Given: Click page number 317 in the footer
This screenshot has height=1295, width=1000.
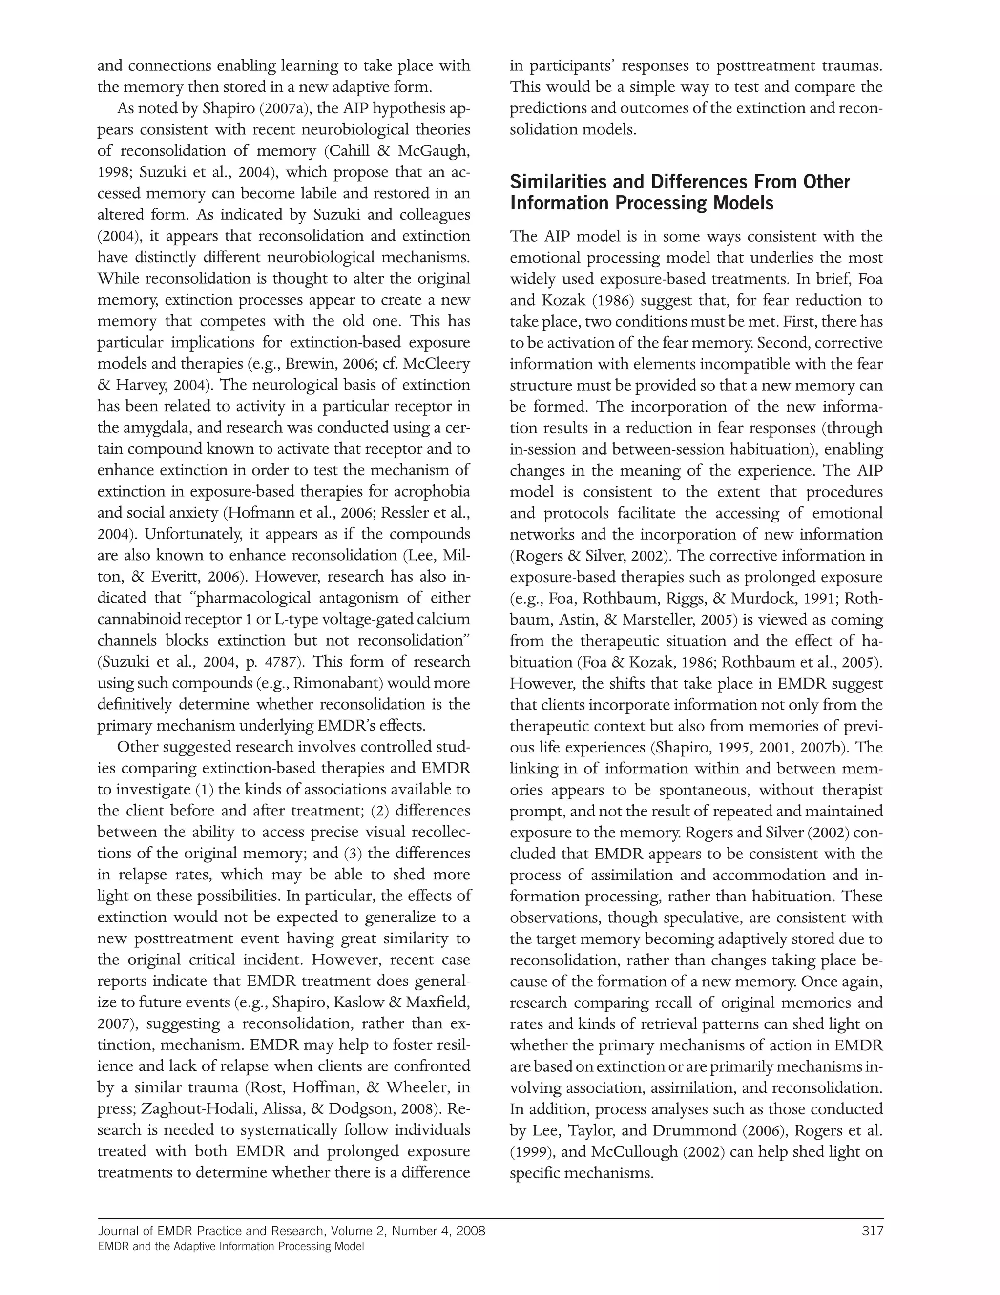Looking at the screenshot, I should tap(872, 1231).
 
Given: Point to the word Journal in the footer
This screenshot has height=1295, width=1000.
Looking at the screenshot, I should tap(119, 1231).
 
